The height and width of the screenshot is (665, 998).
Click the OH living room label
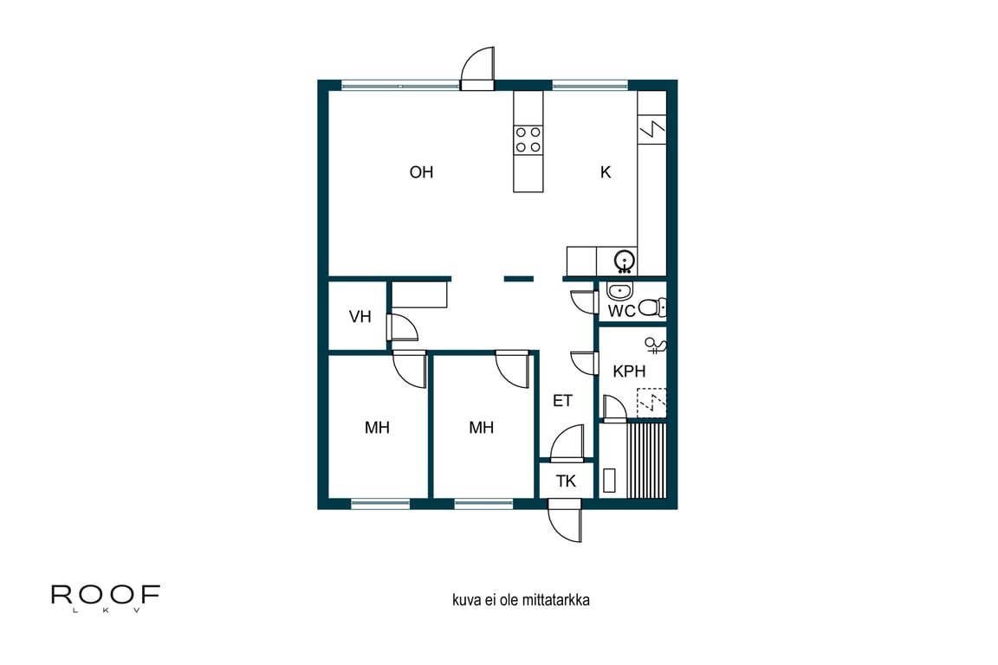(421, 171)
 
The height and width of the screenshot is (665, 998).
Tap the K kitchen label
(606, 171)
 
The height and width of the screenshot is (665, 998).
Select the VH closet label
(360, 316)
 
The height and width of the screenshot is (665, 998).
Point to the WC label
(621, 311)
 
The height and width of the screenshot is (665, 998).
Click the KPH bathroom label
(629, 371)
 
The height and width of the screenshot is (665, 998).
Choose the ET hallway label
(562, 401)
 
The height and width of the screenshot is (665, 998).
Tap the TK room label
(566, 481)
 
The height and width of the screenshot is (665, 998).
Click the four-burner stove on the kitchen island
(528, 140)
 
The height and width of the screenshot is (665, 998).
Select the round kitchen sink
(624, 261)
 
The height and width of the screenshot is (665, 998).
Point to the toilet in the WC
(651, 308)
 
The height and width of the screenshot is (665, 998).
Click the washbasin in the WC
(619, 291)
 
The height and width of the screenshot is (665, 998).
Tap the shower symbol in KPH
(655, 345)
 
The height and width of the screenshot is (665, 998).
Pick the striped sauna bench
(646, 460)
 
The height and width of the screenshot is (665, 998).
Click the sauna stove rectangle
(609, 481)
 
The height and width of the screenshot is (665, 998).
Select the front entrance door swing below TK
(565, 520)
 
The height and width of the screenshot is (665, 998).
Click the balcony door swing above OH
(477, 68)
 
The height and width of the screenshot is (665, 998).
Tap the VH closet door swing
(402, 327)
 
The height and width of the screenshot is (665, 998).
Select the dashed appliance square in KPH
(651, 403)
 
